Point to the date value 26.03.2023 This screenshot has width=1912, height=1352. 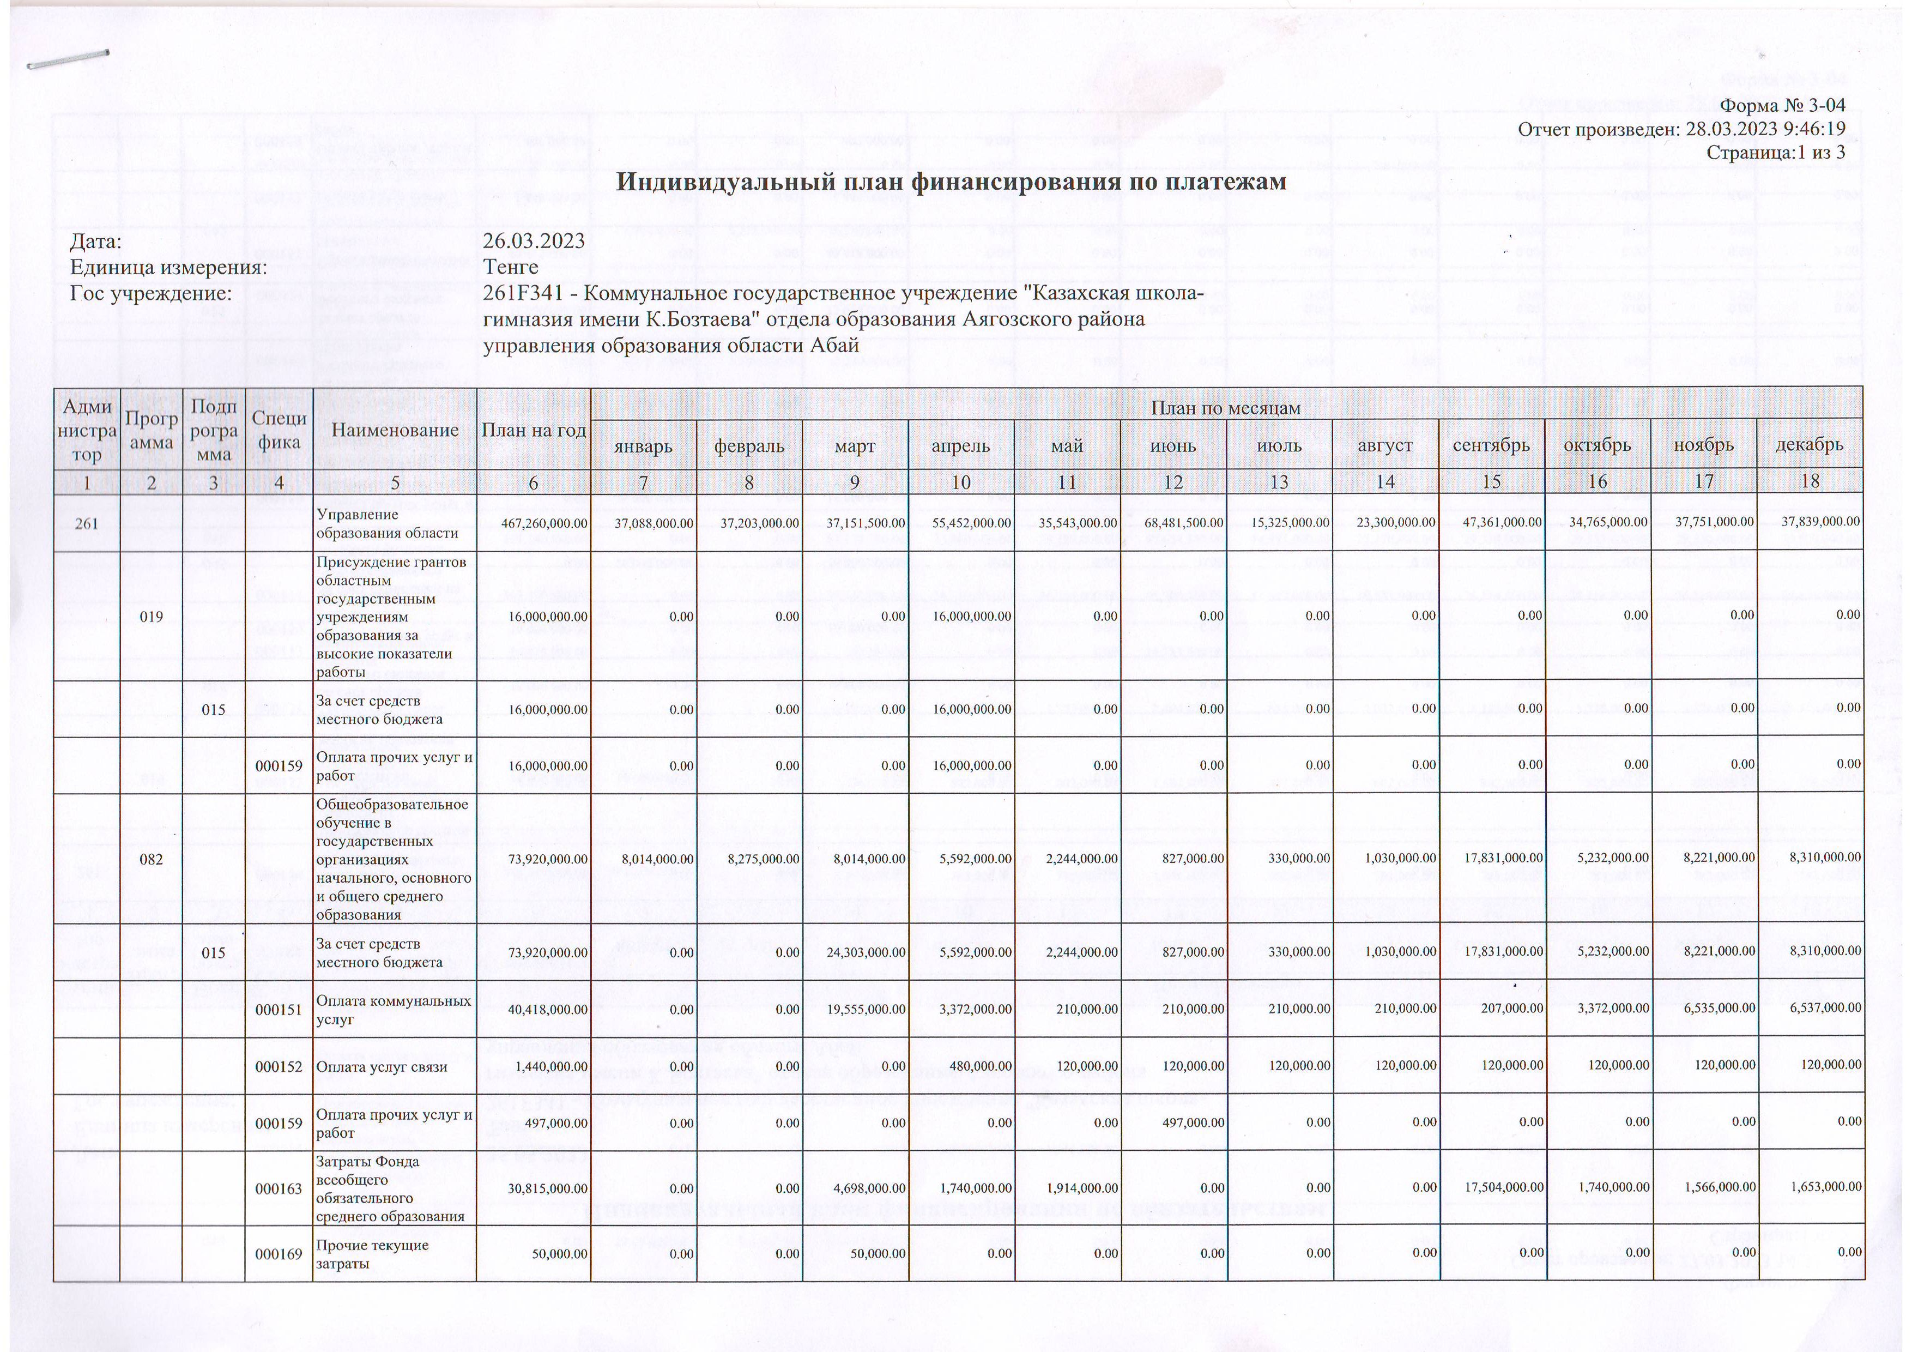534,242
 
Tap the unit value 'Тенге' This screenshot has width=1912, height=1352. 511,267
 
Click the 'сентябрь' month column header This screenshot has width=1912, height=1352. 1491,445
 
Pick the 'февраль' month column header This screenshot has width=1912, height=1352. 749,445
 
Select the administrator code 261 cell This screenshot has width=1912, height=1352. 87,523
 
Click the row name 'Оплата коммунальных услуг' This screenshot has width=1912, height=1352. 394,1009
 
